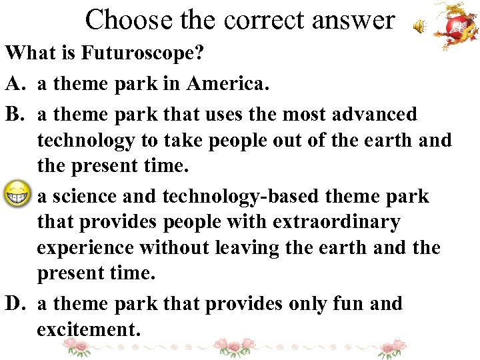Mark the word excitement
[x=88, y=329]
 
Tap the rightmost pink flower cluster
[x=392, y=347]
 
